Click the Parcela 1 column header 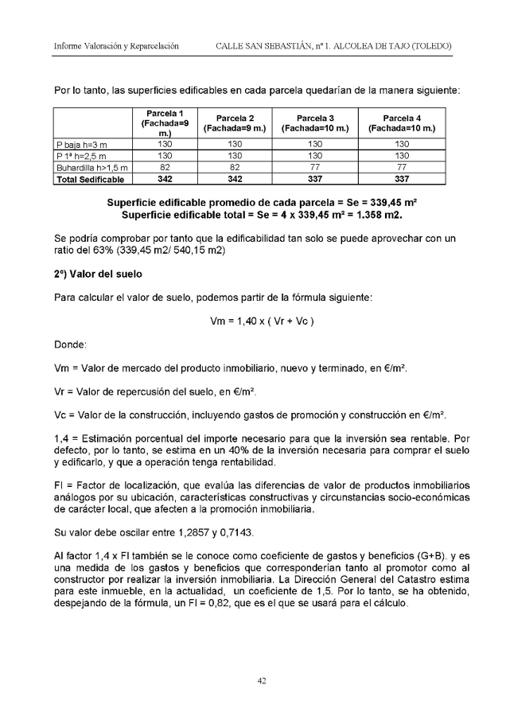tap(162, 123)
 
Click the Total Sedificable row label tap(89, 179)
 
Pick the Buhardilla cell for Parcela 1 tap(162, 168)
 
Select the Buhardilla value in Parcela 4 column tap(402, 168)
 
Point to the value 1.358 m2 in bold tap(373, 216)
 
